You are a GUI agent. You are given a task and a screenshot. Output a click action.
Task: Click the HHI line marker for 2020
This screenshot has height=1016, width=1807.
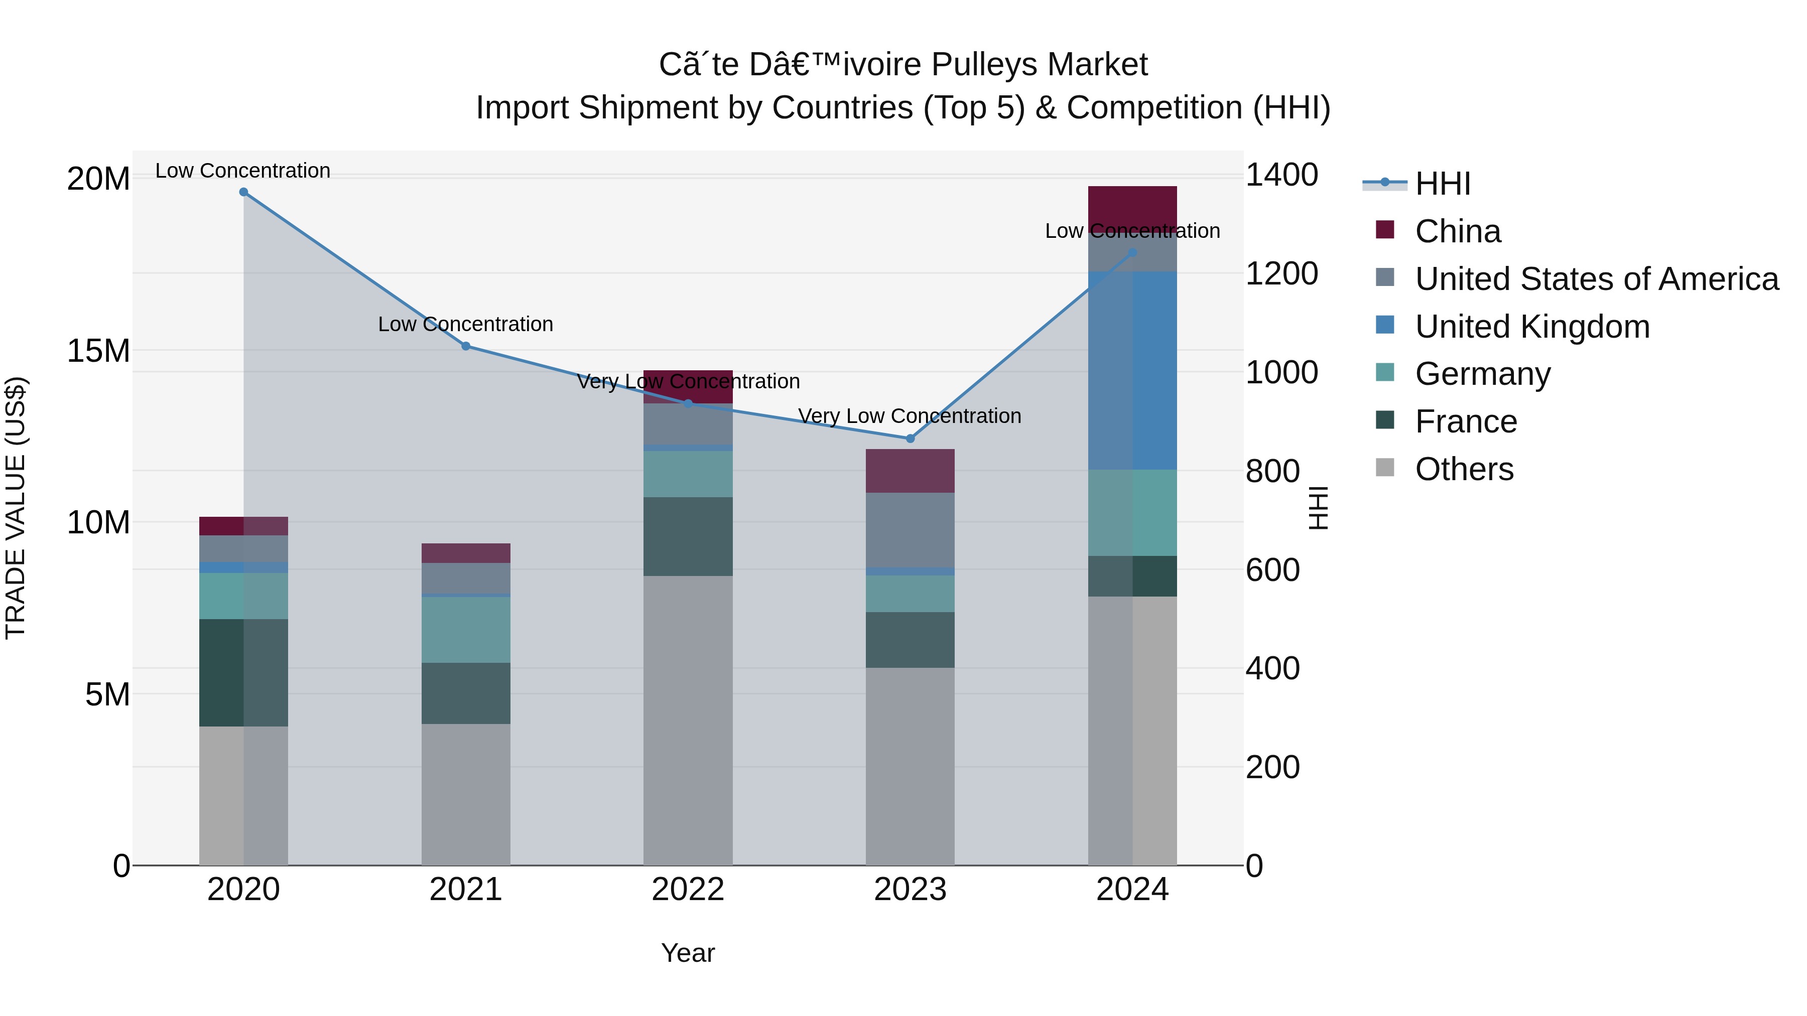(x=243, y=192)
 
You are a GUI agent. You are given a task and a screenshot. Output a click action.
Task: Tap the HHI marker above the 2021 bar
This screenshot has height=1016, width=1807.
(x=466, y=346)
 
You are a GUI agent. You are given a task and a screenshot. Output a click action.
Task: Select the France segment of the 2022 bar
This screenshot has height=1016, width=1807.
(x=688, y=536)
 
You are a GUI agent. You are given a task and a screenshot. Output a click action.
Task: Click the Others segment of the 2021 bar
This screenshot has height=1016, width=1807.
(x=466, y=794)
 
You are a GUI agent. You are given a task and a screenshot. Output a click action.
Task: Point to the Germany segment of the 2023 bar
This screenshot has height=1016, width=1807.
(x=910, y=593)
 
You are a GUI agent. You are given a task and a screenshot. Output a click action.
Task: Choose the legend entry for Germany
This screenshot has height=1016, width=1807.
(x=1482, y=374)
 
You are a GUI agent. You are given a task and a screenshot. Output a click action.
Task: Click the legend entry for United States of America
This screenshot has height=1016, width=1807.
(x=1596, y=279)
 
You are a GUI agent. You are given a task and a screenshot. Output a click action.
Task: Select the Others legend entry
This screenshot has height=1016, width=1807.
(x=1464, y=469)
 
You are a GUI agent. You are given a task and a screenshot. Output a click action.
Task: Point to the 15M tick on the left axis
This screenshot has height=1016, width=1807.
(x=98, y=351)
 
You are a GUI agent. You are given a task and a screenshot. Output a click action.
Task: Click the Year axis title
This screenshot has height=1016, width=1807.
(x=688, y=953)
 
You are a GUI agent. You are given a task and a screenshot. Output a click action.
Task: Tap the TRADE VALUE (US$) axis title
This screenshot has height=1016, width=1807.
(x=16, y=508)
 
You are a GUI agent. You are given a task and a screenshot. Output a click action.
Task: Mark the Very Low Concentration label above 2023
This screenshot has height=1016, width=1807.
(x=910, y=416)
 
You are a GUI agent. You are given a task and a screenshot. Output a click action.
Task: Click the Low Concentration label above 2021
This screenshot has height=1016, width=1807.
(x=466, y=324)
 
